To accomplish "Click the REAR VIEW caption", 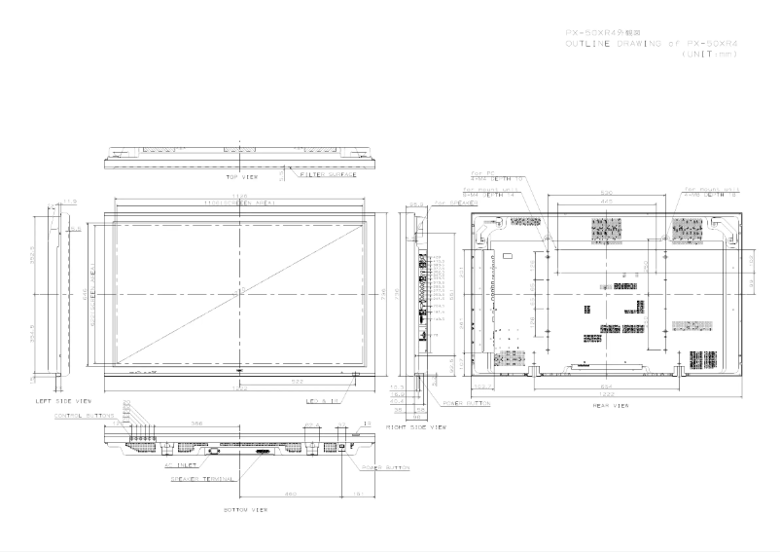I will click(x=608, y=405).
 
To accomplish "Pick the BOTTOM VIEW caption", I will click(x=246, y=508).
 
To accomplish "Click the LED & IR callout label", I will click(x=320, y=401).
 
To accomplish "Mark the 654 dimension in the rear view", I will click(x=607, y=383).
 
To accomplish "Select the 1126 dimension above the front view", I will click(x=240, y=197).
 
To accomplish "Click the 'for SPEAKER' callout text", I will click(x=454, y=202).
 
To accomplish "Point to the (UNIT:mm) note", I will click(x=709, y=54).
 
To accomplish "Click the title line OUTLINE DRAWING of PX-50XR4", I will click(x=652, y=43).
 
